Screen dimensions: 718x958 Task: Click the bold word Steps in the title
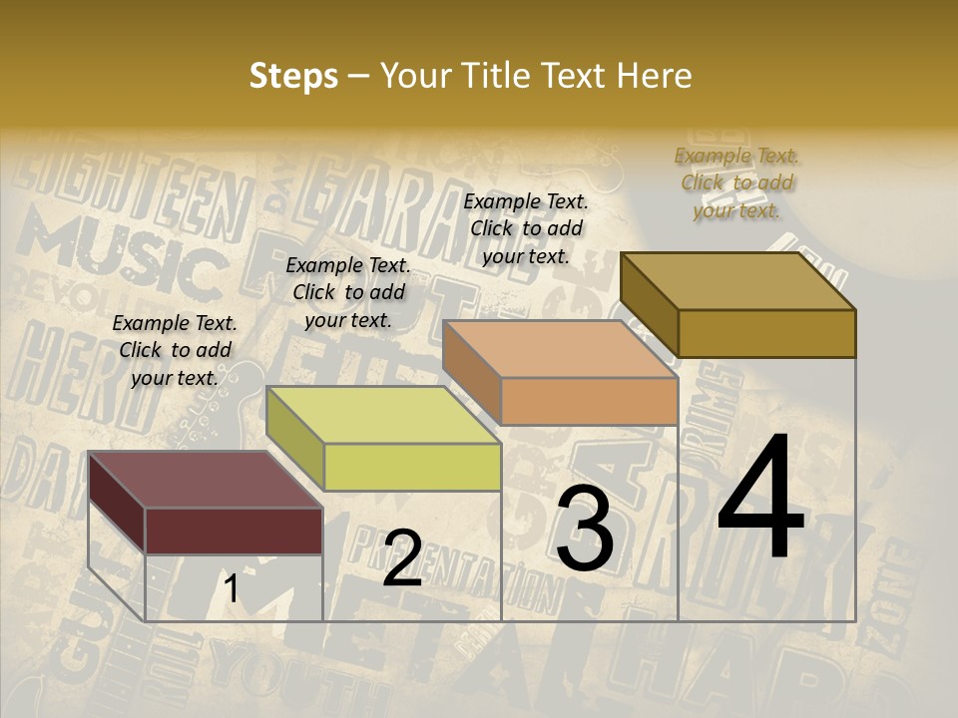click(x=293, y=76)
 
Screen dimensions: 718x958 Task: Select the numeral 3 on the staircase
click(x=584, y=530)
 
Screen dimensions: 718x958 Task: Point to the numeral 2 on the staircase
click(x=402, y=557)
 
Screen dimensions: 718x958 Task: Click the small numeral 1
click(x=232, y=588)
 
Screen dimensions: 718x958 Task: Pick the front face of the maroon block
click(x=234, y=531)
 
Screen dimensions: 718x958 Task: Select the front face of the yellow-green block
click(x=412, y=467)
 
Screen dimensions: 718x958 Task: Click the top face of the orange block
click(x=560, y=349)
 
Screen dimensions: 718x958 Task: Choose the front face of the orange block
click(x=589, y=401)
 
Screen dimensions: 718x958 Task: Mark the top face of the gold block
click(x=737, y=281)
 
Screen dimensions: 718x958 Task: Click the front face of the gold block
click(x=766, y=333)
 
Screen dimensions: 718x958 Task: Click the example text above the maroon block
click(x=175, y=350)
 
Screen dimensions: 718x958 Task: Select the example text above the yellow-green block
click(x=348, y=292)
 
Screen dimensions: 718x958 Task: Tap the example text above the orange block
click(x=526, y=228)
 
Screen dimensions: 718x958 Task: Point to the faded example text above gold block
click(x=736, y=182)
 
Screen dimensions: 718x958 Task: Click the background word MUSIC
click(x=120, y=249)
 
